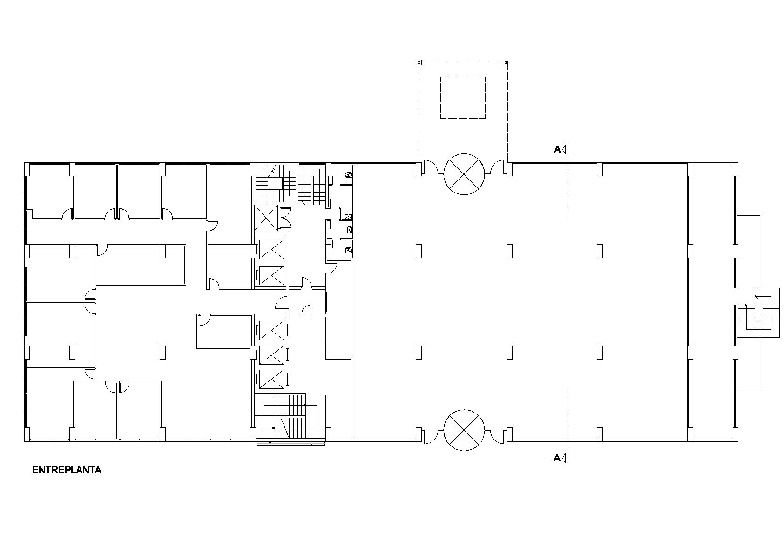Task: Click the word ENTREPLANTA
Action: [67, 470]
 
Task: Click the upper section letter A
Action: [557, 150]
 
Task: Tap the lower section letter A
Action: [557, 458]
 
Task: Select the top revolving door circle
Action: [464, 174]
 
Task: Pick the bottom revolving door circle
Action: [464, 430]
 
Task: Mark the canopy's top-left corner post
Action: [419, 63]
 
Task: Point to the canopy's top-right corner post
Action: [506, 63]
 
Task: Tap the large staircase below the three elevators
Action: [290, 417]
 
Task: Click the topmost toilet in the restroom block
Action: [348, 175]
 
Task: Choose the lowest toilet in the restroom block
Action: [348, 250]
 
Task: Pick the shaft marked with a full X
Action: [266, 218]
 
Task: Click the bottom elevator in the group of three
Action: [271, 380]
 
